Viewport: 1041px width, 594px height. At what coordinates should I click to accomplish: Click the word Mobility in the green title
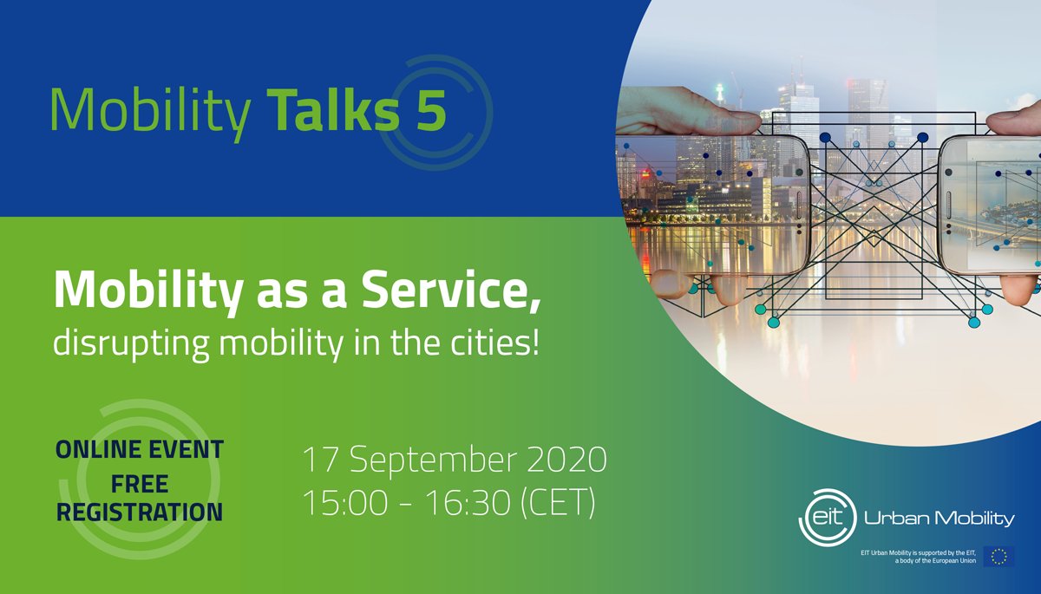pos(150,111)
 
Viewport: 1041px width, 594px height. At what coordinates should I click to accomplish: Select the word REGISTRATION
pos(139,512)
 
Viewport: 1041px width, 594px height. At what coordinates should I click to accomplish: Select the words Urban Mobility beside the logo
pos(939,519)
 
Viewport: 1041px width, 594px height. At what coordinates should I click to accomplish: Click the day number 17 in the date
pos(318,460)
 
